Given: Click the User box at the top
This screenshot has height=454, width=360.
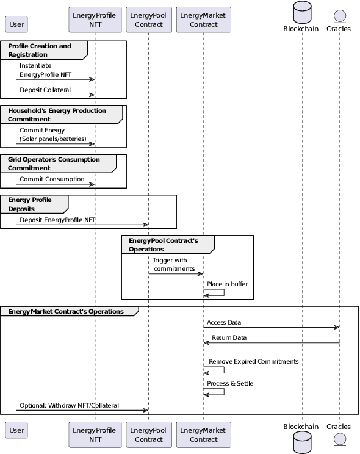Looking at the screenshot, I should coord(16,24).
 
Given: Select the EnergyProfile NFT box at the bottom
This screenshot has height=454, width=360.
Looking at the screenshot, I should coord(94,434).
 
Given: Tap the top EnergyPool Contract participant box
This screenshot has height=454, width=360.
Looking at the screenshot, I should coord(148,20).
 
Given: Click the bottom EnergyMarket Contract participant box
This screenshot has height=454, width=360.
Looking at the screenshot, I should coord(204,434).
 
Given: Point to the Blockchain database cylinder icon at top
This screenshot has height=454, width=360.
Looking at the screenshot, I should coord(301,12).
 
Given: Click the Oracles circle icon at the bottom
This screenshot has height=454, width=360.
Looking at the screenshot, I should coord(339,441).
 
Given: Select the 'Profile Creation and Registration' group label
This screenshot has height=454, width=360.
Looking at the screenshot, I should coord(40,50).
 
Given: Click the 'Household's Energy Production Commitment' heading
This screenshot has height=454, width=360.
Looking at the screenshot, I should coord(57,115).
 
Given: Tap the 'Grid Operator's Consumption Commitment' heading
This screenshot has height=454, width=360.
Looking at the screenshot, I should coord(54,164).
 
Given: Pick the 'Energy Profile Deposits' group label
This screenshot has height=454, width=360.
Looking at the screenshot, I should coord(31,204).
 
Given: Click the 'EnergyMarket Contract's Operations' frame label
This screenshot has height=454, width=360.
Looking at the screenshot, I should coord(66,311).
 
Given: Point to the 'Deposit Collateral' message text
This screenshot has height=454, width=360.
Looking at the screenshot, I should coord(45,90).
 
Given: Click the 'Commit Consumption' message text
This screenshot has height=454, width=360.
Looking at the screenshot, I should coord(52,179).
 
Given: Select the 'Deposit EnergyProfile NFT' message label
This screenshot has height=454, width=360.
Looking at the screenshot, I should coord(57,220).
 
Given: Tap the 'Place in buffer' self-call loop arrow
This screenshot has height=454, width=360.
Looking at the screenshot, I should coord(215,292).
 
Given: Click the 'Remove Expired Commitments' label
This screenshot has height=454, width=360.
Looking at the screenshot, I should coord(253,361).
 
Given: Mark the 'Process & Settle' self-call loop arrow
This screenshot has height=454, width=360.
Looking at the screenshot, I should coord(215,392).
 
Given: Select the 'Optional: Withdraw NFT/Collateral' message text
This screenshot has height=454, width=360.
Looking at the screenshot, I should coord(69,405).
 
